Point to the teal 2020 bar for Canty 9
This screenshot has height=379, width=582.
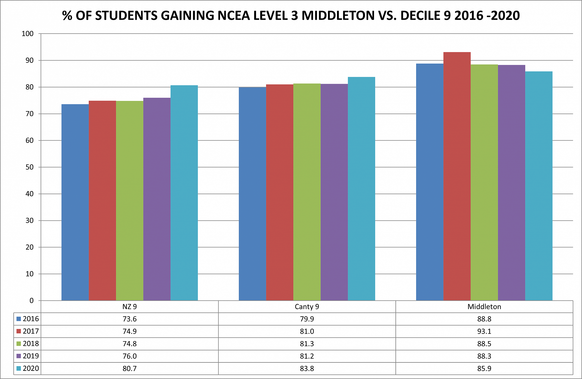click(361, 189)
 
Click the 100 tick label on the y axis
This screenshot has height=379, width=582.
click(28, 34)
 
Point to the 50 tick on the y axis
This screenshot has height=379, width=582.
click(29, 167)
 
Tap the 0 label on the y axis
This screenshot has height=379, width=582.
click(31, 301)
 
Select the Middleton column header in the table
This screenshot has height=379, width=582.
click(484, 307)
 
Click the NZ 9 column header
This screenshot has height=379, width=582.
click(129, 307)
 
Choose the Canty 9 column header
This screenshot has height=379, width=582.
click(307, 307)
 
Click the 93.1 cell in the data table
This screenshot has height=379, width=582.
click(484, 331)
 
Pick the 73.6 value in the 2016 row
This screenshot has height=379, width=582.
click(129, 319)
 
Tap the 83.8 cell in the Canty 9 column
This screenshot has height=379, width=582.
click(307, 369)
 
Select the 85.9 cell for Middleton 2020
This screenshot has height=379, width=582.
click(484, 369)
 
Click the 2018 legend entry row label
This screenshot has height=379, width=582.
click(31, 344)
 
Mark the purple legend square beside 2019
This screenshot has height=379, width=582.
click(19, 356)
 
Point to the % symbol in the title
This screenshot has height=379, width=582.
click(67, 16)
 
